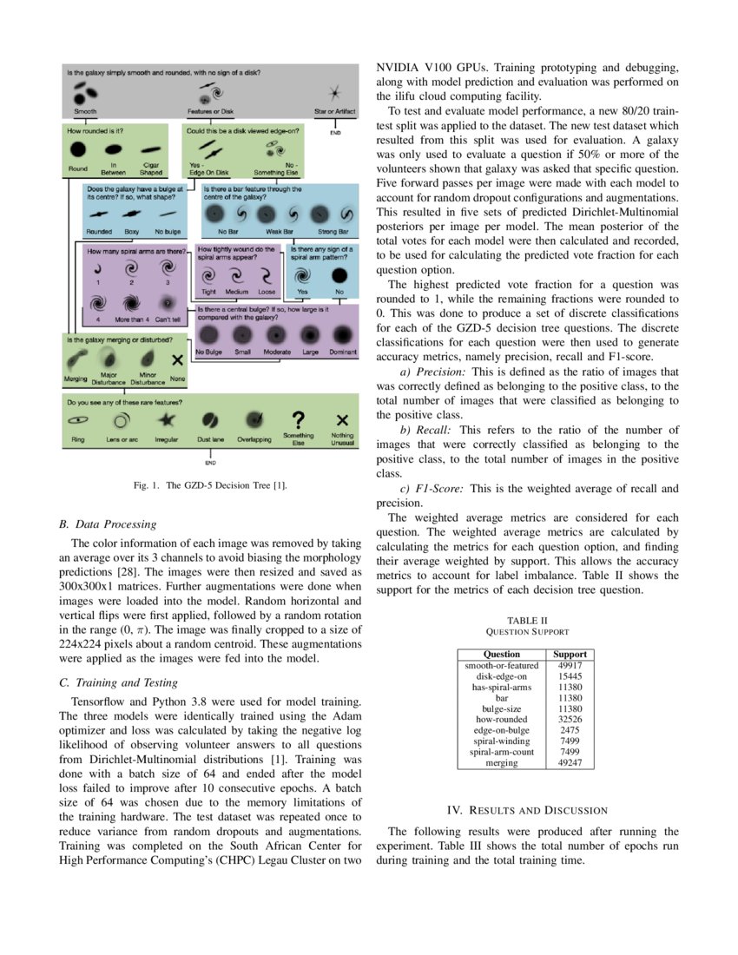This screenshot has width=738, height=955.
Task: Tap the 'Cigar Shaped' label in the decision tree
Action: (151, 169)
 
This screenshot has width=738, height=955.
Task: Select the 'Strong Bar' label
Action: (333, 232)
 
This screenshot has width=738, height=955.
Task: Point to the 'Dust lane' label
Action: (210, 440)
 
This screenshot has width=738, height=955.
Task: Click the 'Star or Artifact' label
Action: (334, 111)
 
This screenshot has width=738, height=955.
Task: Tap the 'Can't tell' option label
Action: (167, 319)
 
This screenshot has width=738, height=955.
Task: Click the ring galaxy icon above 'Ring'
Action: (78, 419)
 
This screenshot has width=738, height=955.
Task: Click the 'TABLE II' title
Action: (528, 620)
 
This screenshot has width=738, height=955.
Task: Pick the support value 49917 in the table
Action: (570, 666)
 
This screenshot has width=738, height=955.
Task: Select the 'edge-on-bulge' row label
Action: (502, 731)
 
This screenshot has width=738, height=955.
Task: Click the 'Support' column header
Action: (570, 654)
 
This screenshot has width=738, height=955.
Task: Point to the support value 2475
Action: (570, 731)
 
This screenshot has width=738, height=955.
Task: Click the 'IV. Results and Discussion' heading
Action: (527, 811)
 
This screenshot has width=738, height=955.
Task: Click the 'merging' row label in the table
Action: (502, 763)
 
